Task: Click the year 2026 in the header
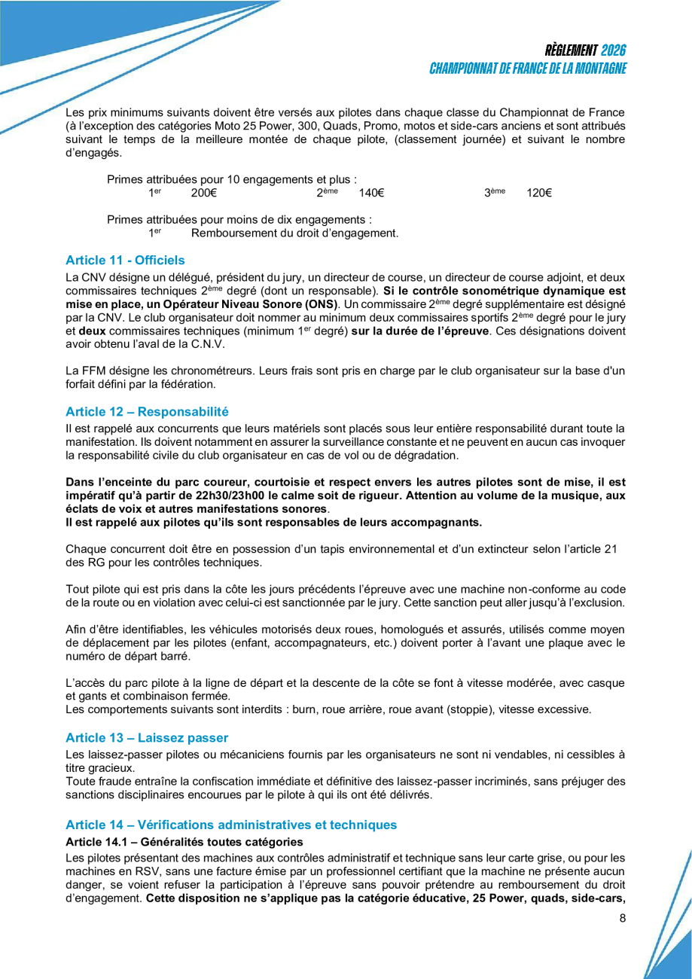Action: (614, 50)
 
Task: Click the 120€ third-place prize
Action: (539, 194)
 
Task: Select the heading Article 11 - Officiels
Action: (125, 260)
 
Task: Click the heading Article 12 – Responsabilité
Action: (146, 411)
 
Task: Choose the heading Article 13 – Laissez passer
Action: (146, 736)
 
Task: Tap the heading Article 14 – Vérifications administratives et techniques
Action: (231, 825)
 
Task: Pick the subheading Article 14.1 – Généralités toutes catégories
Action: (184, 840)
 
